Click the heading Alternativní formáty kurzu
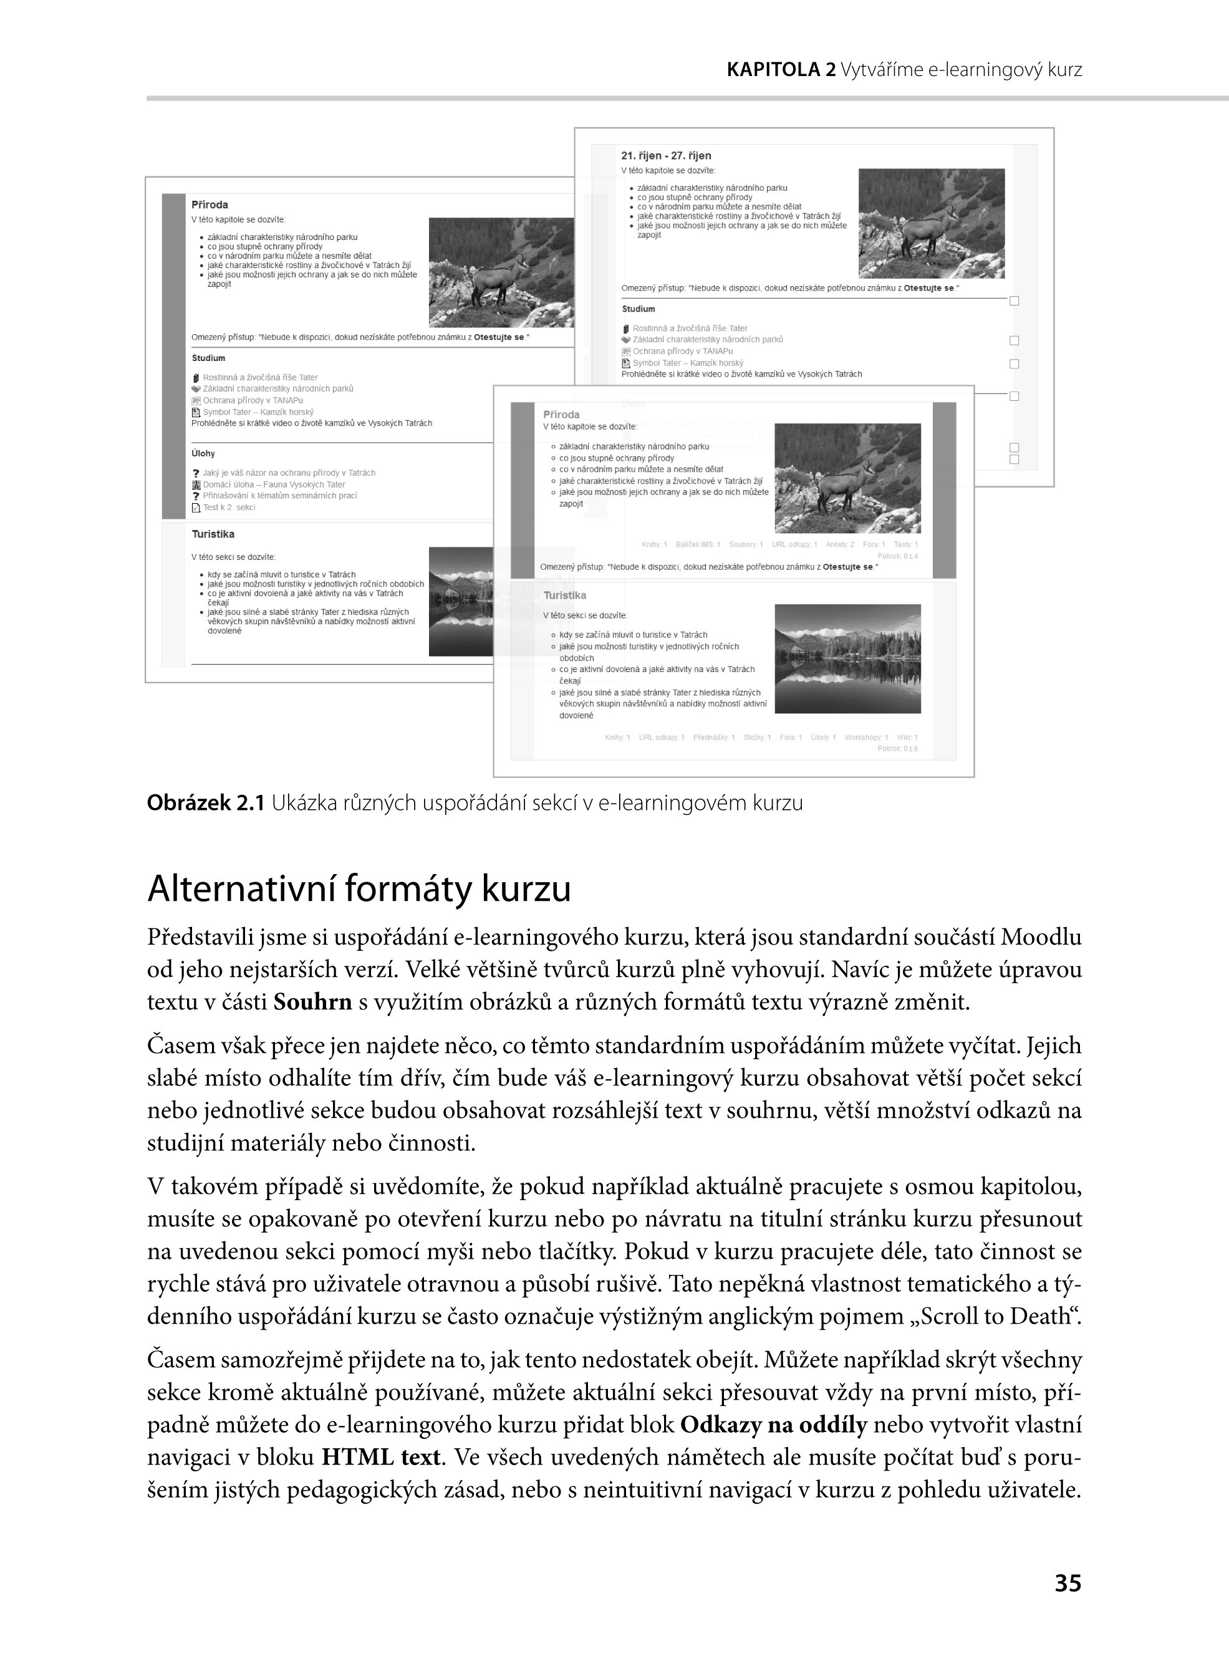359,890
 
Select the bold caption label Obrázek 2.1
205,803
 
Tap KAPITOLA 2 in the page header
781,70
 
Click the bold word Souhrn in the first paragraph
312,1003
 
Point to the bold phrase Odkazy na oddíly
774,1425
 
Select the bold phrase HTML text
382,1457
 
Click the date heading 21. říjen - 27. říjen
666,155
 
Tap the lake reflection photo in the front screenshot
847,659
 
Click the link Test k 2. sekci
228,507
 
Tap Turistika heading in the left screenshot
213,534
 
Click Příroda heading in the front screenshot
561,414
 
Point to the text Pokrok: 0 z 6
897,748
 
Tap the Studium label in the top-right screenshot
639,309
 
